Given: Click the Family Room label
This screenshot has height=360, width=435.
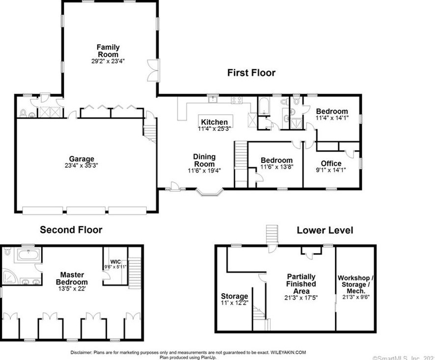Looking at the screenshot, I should [109, 51].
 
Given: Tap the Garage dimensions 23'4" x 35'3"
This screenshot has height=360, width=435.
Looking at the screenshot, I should [82, 166].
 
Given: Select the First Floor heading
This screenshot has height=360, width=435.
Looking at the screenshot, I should [251, 73].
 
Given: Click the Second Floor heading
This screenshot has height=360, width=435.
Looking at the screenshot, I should [71, 230].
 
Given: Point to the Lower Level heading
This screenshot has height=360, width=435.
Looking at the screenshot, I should [325, 230].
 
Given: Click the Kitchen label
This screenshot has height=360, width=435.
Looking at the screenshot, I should [214, 122].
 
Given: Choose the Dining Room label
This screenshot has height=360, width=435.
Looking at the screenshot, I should [204, 160].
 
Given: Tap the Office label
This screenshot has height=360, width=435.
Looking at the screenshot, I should [331, 163].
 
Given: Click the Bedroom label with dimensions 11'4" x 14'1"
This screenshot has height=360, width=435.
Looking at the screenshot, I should [331, 111].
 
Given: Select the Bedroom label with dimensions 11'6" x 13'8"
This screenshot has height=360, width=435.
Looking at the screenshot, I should [276, 160].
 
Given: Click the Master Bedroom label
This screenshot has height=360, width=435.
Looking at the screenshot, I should [72, 279].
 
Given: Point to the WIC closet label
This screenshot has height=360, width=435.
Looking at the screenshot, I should [115, 261].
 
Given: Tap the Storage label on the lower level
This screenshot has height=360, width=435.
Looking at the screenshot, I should [234, 296].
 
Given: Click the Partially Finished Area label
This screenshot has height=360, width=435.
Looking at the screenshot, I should [301, 284].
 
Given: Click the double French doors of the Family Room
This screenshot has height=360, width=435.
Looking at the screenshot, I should [154, 70].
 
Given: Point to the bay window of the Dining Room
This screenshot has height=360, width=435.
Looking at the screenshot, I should [210, 192].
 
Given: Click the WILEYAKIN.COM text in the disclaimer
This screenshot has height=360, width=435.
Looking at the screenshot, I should [288, 352].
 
